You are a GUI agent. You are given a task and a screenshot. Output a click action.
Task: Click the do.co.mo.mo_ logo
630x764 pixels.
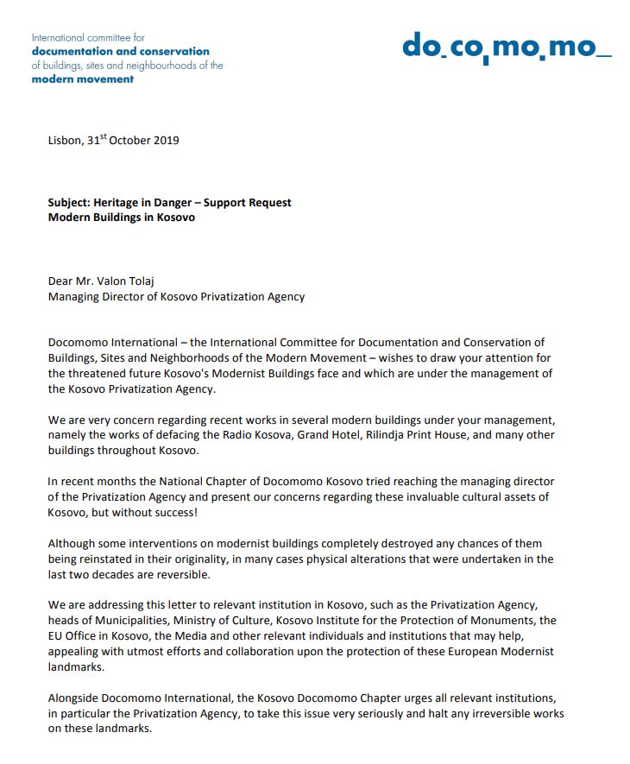click(506, 46)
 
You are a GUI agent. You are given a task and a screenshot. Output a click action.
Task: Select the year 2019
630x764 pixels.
click(166, 141)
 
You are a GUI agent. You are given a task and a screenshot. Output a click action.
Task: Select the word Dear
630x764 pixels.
click(61, 281)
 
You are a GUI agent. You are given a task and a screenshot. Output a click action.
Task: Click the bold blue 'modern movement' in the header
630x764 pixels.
click(83, 79)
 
